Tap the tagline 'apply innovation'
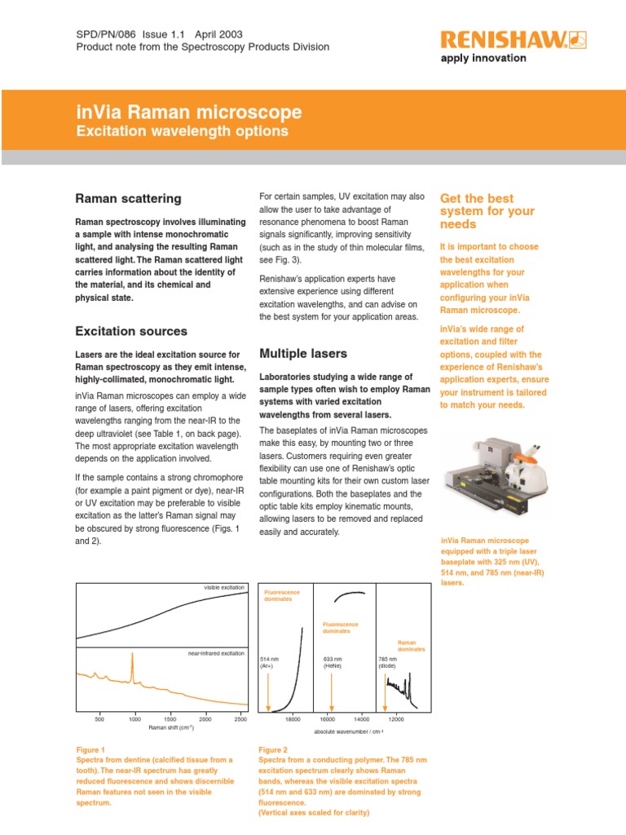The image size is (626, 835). click(483, 58)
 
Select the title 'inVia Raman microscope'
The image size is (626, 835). click(188, 113)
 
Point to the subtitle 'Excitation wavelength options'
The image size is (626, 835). click(182, 131)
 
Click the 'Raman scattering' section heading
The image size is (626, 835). click(128, 199)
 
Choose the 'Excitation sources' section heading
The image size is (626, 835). click(130, 331)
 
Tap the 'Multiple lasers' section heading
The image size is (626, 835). click(302, 353)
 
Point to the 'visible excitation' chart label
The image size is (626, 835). click(223, 587)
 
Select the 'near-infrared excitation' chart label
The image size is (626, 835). click(216, 654)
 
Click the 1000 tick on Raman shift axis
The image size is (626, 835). click(134, 719)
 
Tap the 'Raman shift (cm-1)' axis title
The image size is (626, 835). click(170, 727)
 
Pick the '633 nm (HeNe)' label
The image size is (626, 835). click(332, 662)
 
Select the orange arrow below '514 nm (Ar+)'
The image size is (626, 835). click(268, 691)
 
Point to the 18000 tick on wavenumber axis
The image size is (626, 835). click(293, 719)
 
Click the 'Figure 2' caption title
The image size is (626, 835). click(273, 749)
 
